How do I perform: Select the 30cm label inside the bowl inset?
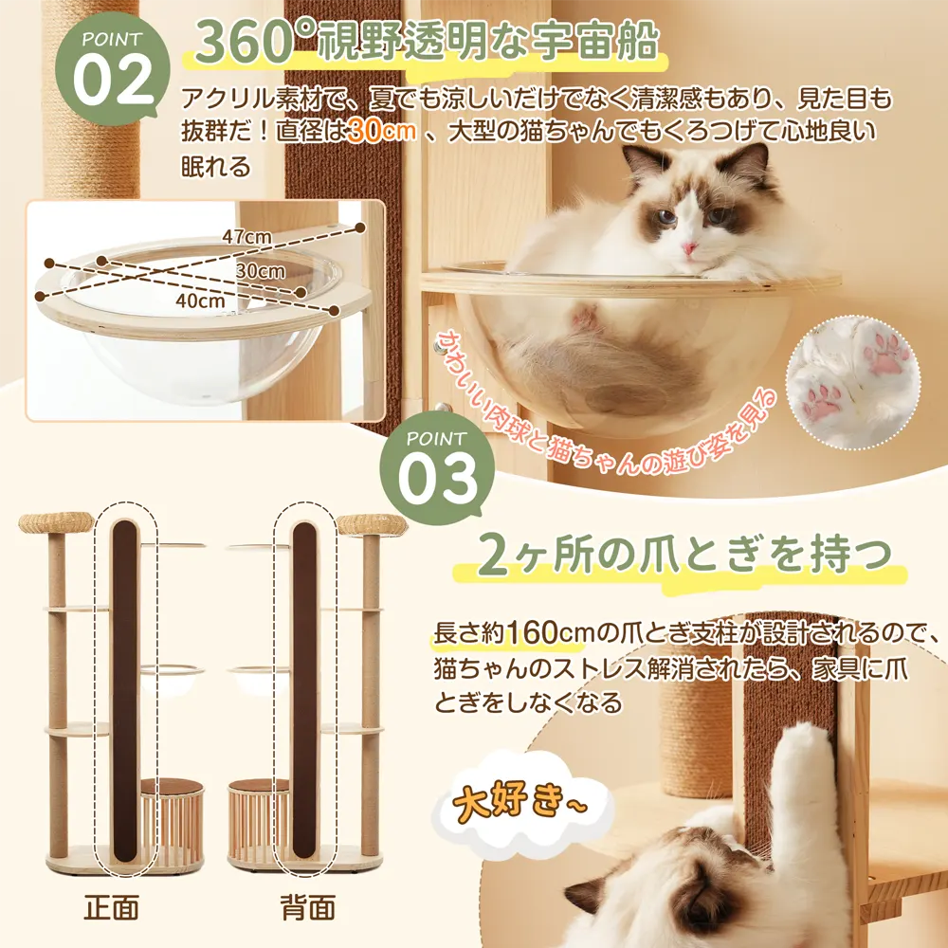pyautogui.click(x=260, y=270)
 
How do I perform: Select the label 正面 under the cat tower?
pyautogui.click(x=111, y=907)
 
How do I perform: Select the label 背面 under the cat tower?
pyautogui.click(x=308, y=907)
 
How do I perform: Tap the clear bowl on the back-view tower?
pyautogui.click(x=258, y=679)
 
